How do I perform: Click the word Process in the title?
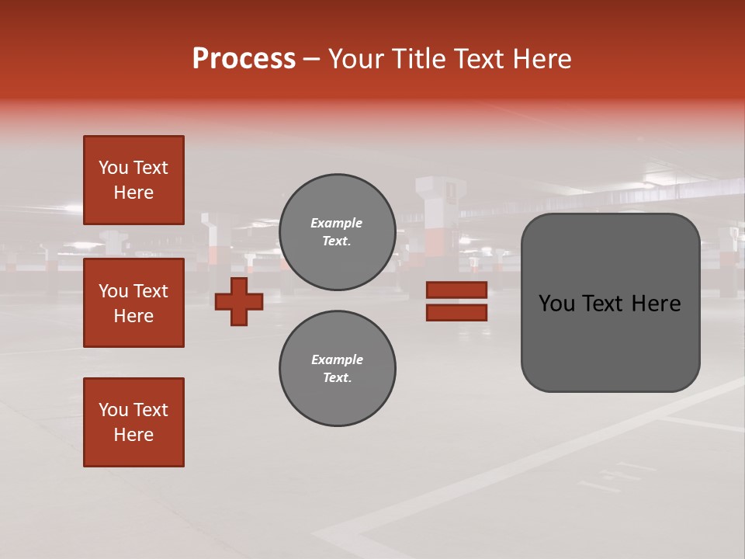tap(244, 59)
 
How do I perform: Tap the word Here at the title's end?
tap(540, 59)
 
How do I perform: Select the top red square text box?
tap(133, 180)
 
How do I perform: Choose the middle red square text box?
tap(133, 303)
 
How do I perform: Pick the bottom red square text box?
tap(133, 422)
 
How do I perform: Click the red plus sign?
tap(239, 301)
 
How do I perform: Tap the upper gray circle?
tap(338, 232)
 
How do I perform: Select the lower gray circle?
tap(338, 369)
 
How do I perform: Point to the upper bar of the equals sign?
tap(456, 290)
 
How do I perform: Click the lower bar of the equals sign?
tap(456, 313)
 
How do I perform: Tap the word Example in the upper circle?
tap(337, 223)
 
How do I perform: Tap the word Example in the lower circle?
tap(337, 359)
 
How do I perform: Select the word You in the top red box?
tap(113, 168)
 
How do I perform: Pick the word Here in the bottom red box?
tap(133, 435)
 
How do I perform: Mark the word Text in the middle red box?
tap(151, 291)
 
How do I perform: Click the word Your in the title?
tap(357, 59)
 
